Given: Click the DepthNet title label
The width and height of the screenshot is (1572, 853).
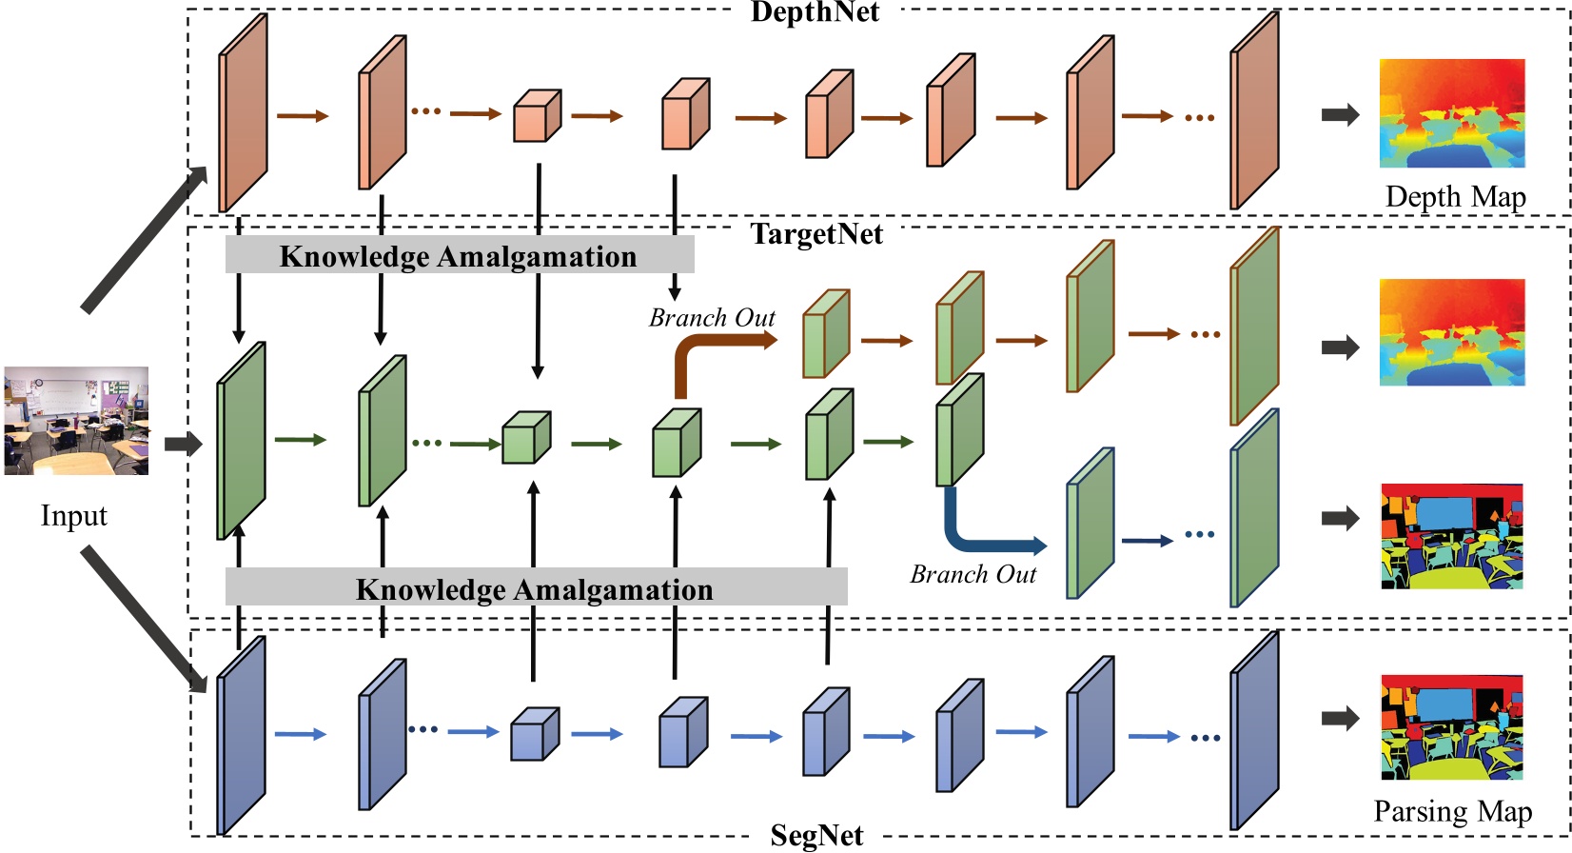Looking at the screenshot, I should (815, 12).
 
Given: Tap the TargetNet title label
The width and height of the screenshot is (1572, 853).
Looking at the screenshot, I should (816, 234).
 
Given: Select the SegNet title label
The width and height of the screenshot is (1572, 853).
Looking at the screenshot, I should (816, 835).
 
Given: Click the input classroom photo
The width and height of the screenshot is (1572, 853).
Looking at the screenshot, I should (76, 420).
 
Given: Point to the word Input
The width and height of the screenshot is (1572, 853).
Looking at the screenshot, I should (73, 516).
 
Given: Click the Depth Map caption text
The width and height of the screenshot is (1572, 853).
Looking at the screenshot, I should (1455, 197).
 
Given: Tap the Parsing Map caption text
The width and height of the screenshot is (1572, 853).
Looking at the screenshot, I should (1452, 811).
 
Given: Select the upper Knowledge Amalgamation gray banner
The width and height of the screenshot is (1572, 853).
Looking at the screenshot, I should (459, 256).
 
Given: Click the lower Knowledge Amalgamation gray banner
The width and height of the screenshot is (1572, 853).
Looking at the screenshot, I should (535, 588).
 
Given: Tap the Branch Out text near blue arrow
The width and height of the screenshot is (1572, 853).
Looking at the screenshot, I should (973, 574).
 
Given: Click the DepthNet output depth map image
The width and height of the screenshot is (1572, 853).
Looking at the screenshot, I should (1452, 113).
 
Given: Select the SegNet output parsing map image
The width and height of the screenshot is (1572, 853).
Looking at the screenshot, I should (1452, 727).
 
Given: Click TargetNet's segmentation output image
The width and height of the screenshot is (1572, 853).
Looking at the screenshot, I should (1452, 536).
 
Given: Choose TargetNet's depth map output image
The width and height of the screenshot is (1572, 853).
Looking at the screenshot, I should (1452, 332).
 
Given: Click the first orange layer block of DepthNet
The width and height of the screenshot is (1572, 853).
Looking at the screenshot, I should (243, 114).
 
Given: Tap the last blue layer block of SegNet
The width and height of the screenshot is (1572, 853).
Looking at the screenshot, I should (1253, 733).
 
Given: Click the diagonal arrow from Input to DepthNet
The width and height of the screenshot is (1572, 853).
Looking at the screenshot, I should (143, 241).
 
